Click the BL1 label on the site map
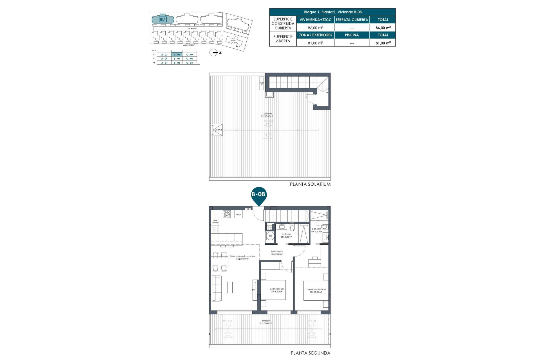[163, 19]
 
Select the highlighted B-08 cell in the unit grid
[177, 55]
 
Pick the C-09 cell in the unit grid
[190, 55]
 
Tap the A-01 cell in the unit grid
[164, 63]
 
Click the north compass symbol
[213, 53]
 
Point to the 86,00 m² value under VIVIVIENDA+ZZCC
[315, 28]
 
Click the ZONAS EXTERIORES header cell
[315, 35]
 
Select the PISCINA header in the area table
[352, 35]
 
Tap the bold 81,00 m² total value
[383, 43]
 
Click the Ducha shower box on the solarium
[217, 130]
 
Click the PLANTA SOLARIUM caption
[310, 184]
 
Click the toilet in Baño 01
[292, 227]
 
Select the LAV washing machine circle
[271, 236]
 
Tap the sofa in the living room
[217, 288]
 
